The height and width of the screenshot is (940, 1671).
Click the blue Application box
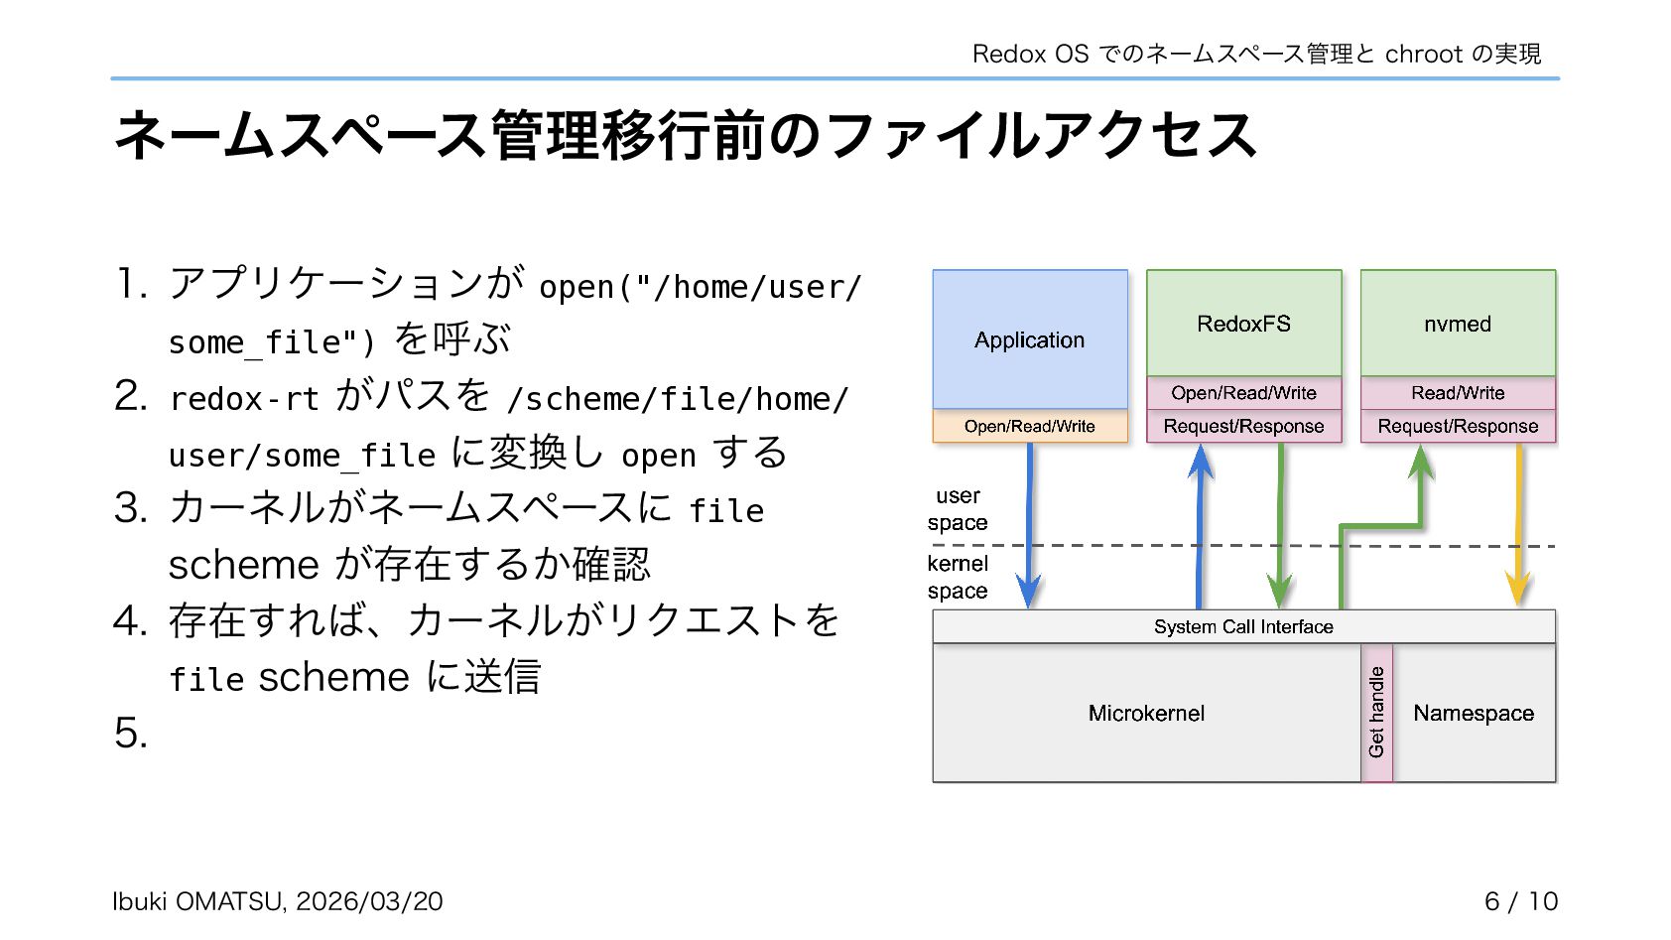point(1029,339)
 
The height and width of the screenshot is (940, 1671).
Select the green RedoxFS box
point(1243,324)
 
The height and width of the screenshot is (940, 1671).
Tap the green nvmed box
point(1457,324)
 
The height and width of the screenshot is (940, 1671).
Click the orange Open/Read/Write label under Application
point(1029,426)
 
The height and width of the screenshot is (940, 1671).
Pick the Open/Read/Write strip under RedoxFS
point(1243,392)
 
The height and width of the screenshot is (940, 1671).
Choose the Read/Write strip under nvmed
point(1457,392)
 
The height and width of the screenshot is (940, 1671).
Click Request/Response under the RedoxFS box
point(1243,426)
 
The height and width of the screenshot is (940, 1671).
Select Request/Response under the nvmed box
point(1457,426)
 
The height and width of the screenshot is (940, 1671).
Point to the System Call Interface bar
point(1243,626)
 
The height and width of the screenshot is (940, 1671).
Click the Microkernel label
point(1146,713)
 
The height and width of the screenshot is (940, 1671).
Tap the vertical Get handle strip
point(1376,713)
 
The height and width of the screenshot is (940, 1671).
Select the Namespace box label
point(1474,713)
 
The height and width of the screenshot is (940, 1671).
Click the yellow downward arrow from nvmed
point(1518,526)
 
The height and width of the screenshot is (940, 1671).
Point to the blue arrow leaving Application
point(1029,526)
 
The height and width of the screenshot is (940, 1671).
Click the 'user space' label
point(958,508)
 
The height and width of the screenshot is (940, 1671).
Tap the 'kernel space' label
point(958,577)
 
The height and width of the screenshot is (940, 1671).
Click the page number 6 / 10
point(1520,900)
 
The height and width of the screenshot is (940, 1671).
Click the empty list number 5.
point(130,733)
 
